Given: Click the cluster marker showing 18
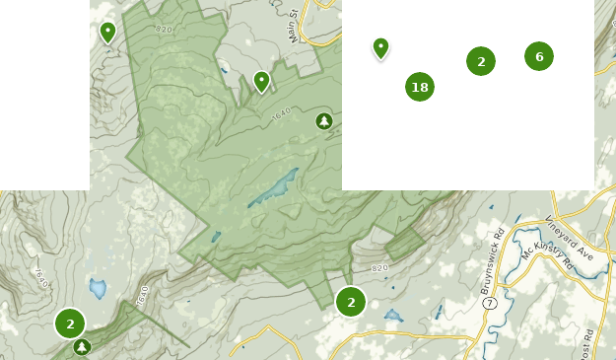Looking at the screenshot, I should [420, 87].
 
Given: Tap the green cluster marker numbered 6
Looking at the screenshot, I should [539, 56].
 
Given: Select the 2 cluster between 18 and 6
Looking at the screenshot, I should [481, 61].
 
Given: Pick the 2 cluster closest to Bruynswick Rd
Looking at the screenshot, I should [351, 302].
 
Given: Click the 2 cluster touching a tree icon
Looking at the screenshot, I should [70, 324].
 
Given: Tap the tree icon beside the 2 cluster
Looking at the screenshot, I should [82, 346].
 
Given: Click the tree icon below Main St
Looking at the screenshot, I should [323, 120].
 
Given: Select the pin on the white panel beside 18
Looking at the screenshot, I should [380, 47].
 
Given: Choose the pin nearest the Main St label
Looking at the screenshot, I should [262, 81].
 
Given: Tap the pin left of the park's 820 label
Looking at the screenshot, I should [107, 32].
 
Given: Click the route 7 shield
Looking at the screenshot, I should [489, 304].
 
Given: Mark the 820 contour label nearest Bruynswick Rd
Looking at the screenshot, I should [380, 268].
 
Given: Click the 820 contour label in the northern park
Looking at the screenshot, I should [164, 30].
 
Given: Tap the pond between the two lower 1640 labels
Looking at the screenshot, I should [98, 288].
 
